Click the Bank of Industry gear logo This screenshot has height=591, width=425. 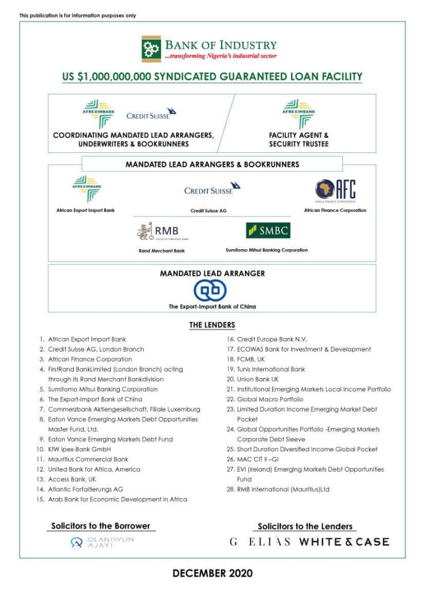click(x=152, y=49)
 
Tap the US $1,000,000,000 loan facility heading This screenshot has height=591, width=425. click(x=212, y=76)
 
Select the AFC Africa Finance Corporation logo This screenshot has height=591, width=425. click(x=335, y=189)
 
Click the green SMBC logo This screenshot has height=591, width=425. click(x=267, y=231)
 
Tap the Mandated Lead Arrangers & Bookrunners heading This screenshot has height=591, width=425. click(x=212, y=164)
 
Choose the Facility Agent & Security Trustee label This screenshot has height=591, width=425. click(x=299, y=139)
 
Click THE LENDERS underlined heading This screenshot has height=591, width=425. click(x=212, y=325)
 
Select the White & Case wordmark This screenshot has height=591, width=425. click(x=344, y=542)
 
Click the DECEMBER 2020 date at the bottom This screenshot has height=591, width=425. click(x=212, y=574)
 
